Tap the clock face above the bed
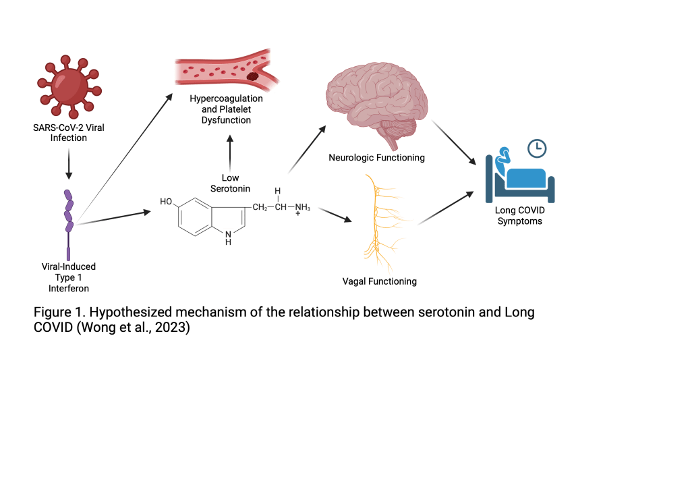pos(537,146)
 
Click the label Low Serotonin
pos(230,183)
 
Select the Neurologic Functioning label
pos(376,158)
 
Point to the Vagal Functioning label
pos(380,281)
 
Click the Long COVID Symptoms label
pos(519,215)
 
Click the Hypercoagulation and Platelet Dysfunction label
pos(226,109)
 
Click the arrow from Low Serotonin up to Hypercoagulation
pos(230,152)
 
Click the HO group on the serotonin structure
pos(167,201)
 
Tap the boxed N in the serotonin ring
pos(229,235)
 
